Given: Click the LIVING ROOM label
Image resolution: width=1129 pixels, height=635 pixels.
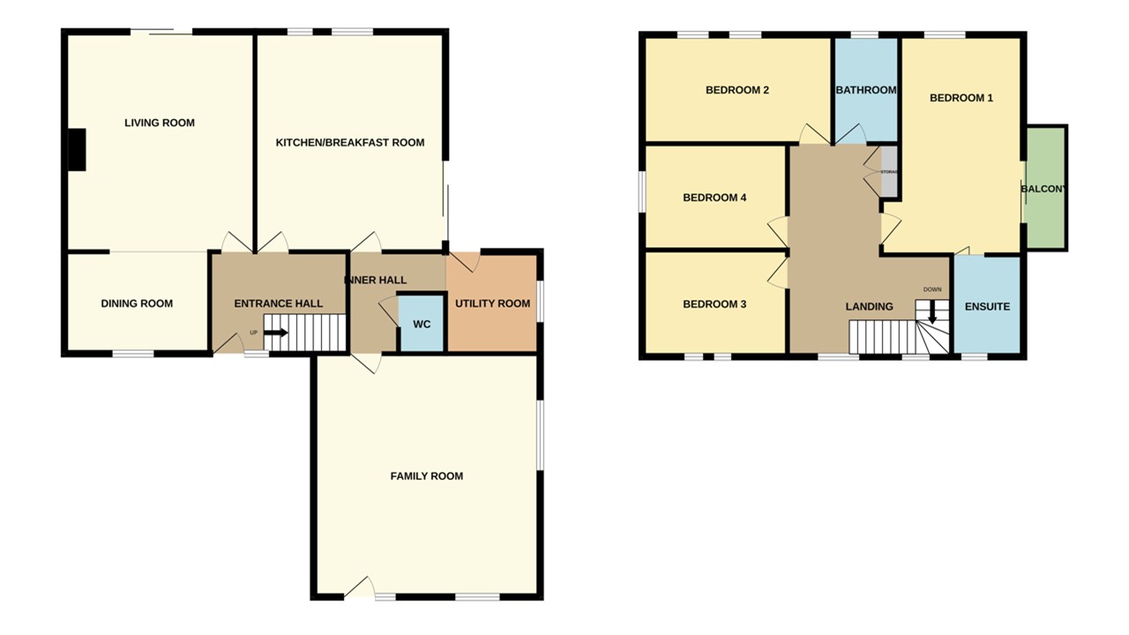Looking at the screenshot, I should (x=160, y=123).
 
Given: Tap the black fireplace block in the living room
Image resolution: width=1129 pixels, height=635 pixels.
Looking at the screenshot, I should (x=78, y=149).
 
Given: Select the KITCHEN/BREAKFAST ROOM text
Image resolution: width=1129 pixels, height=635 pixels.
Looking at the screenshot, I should (x=350, y=143).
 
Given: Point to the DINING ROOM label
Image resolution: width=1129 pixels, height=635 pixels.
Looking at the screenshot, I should (x=137, y=303).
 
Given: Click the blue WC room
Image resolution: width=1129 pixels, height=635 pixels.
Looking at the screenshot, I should (x=422, y=324).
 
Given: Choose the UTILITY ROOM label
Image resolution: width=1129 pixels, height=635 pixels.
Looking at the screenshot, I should (x=492, y=303).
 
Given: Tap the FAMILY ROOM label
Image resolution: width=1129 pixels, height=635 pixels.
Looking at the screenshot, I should (x=427, y=476).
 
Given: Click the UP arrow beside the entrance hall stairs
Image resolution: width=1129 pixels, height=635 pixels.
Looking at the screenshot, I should (x=275, y=332).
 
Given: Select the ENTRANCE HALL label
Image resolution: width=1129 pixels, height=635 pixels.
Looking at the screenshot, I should (x=278, y=303).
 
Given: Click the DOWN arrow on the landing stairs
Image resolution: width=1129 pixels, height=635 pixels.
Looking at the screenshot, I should (x=932, y=312).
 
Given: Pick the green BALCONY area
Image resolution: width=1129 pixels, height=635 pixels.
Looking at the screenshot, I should (x=1045, y=188).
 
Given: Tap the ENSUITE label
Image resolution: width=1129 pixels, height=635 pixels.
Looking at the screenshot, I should (x=987, y=307).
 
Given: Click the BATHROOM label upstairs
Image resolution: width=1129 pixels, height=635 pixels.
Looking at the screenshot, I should (x=866, y=90).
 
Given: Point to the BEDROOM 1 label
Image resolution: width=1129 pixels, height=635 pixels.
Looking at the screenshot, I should (x=961, y=98).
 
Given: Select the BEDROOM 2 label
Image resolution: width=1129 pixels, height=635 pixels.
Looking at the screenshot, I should (x=737, y=90).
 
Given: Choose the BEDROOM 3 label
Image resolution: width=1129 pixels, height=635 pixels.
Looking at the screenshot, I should (x=714, y=304).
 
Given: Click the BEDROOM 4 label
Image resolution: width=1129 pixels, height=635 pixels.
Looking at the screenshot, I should (x=714, y=198).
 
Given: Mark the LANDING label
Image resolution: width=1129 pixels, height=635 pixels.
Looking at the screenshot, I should (x=869, y=307).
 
